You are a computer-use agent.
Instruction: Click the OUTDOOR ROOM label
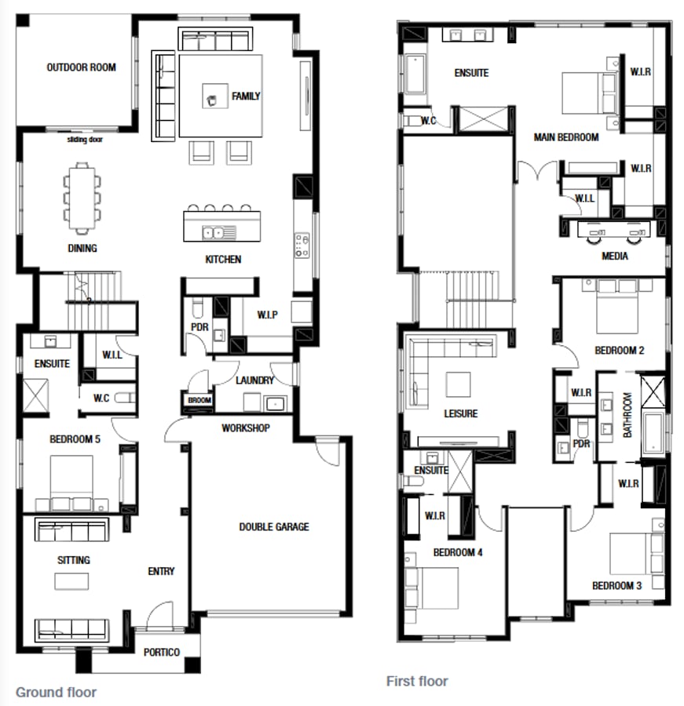coord(81,67)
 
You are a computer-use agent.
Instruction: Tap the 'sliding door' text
coord(85,140)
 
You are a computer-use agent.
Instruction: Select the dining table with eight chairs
coord(82,198)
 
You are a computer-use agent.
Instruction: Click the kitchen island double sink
coord(214,232)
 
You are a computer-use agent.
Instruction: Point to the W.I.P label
coord(267,316)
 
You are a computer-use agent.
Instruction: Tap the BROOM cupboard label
coord(199,401)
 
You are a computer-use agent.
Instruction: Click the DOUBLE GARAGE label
coord(274,527)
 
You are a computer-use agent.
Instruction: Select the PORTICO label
coord(162,653)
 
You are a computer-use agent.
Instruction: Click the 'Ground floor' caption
coord(56,693)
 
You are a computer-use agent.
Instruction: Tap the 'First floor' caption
coord(417,681)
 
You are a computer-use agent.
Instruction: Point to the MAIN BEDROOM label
coord(566,138)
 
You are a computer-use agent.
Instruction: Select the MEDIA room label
coord(614,257)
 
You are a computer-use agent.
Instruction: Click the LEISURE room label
coord(460,414)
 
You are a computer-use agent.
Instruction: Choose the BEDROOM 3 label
coord(617,586)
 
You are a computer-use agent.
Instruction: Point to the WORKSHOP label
coord(246,428)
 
